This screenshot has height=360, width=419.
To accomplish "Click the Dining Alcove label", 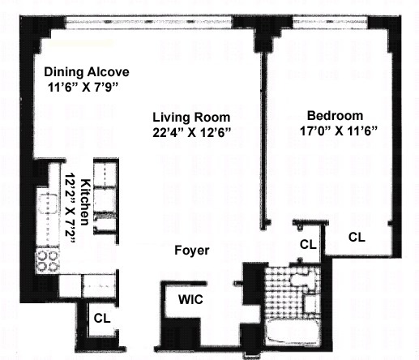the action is [87, 72].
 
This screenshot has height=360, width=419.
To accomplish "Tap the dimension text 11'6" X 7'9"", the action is [83, 88].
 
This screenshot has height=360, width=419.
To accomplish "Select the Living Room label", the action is [191, 118].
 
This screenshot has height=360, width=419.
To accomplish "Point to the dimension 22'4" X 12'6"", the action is [192, 132].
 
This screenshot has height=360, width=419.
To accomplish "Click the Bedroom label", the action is [335, 116].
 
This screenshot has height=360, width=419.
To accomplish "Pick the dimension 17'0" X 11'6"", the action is [338, 131].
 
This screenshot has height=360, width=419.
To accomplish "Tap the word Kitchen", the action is [85, 202].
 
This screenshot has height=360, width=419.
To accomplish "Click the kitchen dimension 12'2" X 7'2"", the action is [70, 208].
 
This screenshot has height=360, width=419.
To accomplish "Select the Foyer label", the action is [192, 251].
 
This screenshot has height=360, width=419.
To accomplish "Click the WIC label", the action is [190, 299].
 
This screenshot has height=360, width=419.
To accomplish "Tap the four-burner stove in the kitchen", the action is [48, 260].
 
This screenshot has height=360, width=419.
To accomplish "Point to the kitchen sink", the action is [48, 204].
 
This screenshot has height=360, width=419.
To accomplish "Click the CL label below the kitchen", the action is [102, 318].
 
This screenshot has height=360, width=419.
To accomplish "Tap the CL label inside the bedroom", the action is [357, 237].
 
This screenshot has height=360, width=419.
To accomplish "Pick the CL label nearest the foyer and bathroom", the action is [308, 245].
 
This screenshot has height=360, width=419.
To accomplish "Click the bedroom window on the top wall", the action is [330, 22].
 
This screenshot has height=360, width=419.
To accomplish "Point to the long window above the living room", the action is [149, 22].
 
